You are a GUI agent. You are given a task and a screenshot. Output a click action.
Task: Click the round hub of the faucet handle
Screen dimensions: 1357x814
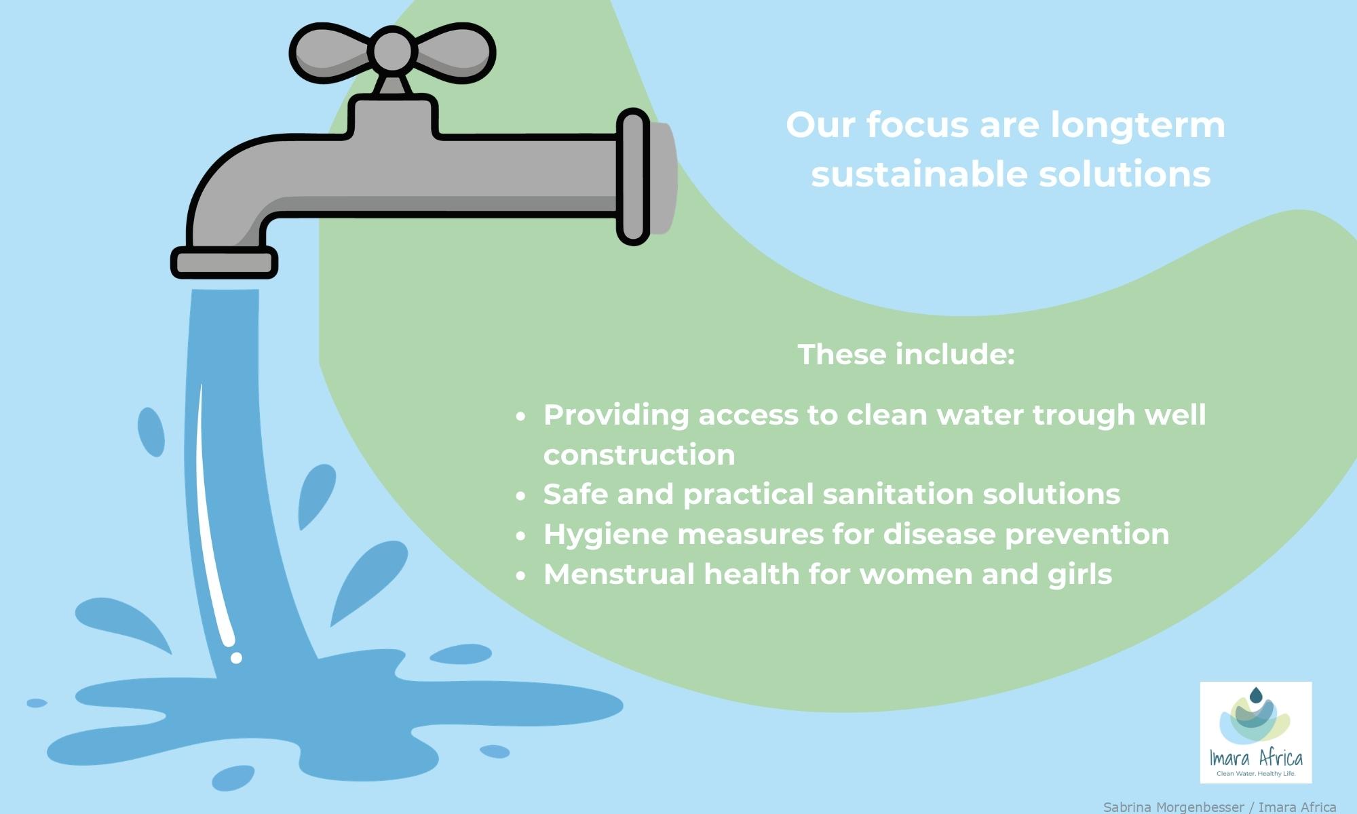pos(393,50)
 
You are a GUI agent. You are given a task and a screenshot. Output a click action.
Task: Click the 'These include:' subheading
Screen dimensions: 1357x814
pos(906,354)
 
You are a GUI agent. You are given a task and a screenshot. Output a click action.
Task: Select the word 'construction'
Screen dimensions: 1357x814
pos(639,455)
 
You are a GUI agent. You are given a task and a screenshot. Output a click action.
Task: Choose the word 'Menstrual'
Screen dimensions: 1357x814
pos(619,575)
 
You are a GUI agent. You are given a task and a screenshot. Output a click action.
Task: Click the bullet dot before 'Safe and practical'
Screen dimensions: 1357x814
pos(520,496)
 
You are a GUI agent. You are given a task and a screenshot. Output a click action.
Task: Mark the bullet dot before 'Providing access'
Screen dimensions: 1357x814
pos(520,416)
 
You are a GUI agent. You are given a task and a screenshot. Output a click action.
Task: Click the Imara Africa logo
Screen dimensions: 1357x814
pos(1256,733)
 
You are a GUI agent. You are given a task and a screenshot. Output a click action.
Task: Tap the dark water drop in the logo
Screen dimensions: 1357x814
pos(1256,695)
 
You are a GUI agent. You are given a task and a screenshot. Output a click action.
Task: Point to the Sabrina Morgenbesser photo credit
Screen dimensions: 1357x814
pos(1219,807)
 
